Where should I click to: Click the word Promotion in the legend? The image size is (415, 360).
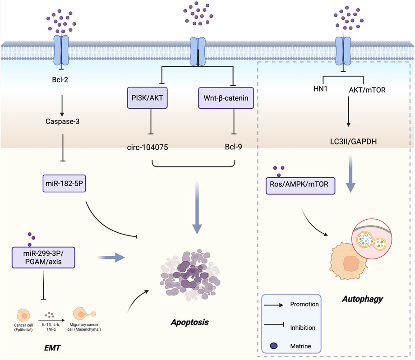tap(306, 305)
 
